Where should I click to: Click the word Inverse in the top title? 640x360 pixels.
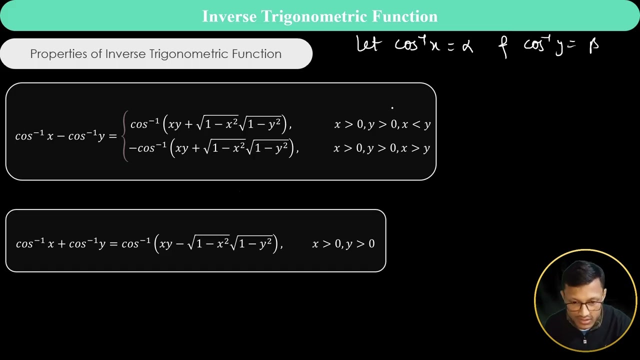(228, 16)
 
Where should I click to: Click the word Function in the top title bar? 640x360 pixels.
(404, 16)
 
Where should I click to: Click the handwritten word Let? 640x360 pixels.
(368, 44)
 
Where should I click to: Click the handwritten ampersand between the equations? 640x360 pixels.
(502, 47)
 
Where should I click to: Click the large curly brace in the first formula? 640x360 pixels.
(124, 136)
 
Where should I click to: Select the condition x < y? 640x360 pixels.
(416, 124)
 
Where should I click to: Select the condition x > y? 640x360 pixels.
(416, 148)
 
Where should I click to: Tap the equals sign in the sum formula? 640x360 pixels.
(112, 244)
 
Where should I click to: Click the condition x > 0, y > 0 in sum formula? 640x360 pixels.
(343, 244)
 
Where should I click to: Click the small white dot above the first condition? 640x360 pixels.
(392, 107)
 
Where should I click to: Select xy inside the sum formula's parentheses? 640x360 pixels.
(165, 244)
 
